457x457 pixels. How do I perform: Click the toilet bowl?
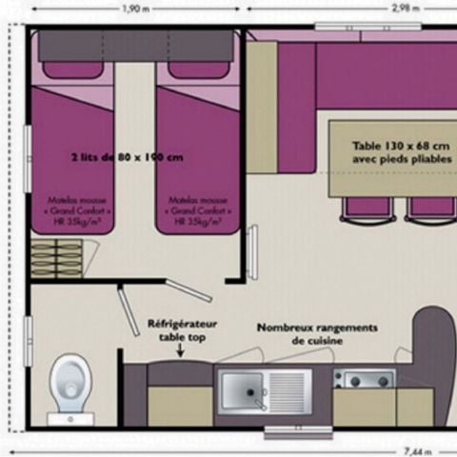pyautogui.click(x=70, y=378)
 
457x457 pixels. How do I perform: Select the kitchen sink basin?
pyautogui.click(x=242, y=388)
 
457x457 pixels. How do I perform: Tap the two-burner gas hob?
pyautogui.click(x=363, y=379)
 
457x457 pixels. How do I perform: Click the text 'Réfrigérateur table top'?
pyautogui.click(x=182, y=329)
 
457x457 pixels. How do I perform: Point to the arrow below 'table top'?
pyautogui.click(x=179, y=351)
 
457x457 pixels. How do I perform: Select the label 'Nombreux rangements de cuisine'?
pyautogui.click(x=316, y=333)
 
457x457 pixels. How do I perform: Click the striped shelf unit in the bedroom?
pyautogui.click(x=57, y=257)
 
